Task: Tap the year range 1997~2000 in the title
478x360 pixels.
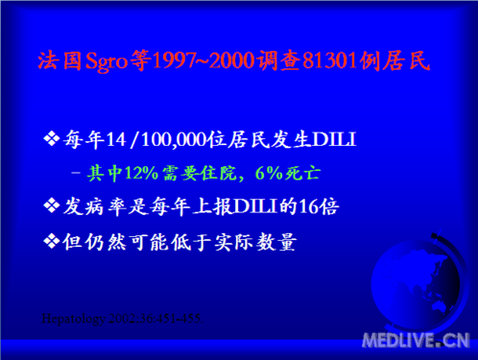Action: pos(203,61)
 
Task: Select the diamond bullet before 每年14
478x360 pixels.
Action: pos(53,141)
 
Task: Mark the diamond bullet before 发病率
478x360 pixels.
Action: pos(53,205)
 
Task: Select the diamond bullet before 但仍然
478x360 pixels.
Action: pos(53,241)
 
